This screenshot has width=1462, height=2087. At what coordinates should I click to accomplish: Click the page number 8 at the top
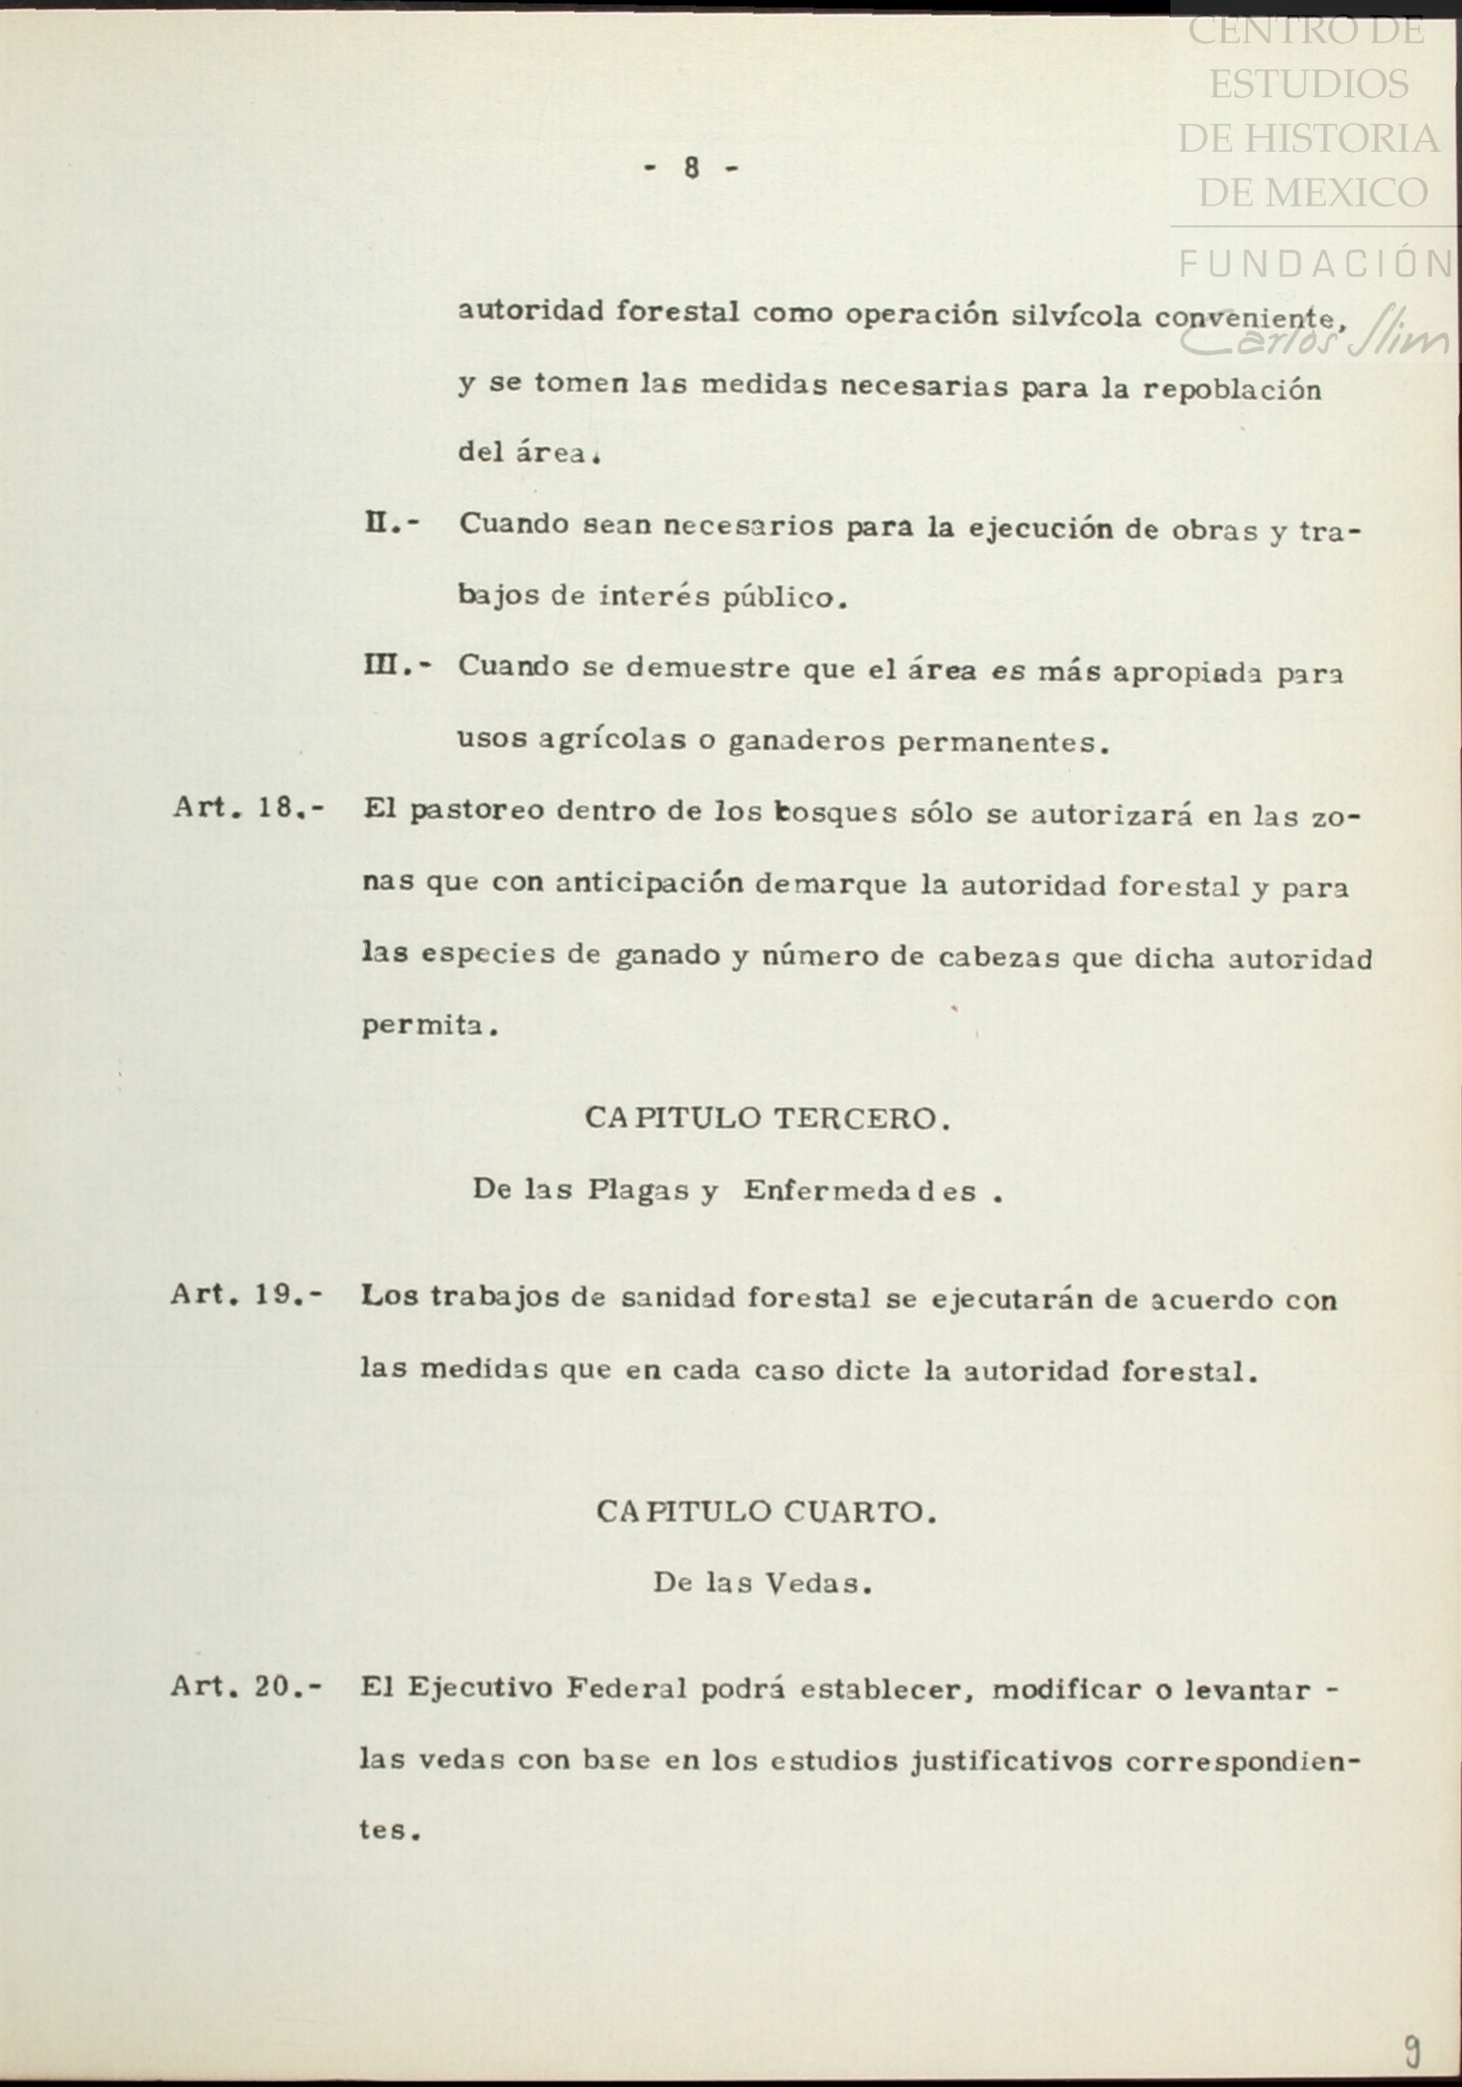click(x=691, y=169)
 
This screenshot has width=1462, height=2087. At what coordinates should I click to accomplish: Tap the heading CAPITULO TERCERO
click(x=767, y=1119)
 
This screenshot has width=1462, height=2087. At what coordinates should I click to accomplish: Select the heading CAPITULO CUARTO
click(x=766, y=1512)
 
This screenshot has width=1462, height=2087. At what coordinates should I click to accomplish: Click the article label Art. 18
click(x=247, y=807)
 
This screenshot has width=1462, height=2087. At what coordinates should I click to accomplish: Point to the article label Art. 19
click(x=246, y=1294)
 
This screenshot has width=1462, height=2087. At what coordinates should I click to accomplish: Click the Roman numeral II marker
click(x=391, y=524)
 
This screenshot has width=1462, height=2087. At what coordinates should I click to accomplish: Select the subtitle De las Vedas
click(x=762, y=1583)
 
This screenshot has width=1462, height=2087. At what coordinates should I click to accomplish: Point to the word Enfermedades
click(x=860, y=1190)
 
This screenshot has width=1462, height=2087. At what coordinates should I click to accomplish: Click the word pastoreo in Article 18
click(x=476, y=810)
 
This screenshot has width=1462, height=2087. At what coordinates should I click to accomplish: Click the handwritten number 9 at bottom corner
click(x=1410, y=2049)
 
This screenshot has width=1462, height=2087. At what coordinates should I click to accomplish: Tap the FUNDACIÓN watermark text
click(x=1316, y=263)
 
